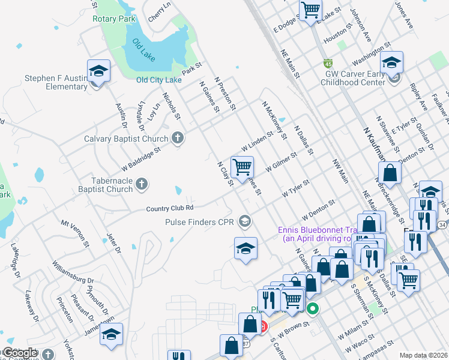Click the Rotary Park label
[x=114, y=19]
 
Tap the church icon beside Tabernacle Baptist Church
[x=141, y=183]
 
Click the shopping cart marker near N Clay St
[x=241, y=167]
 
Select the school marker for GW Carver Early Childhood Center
[x=391, y=62]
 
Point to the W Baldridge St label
[x=141, y=159]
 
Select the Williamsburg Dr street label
[x=73, y=273]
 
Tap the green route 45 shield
[x=328, y=64]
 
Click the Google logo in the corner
[x=20, y=353]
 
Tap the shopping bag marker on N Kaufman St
[x=390, y=173]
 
